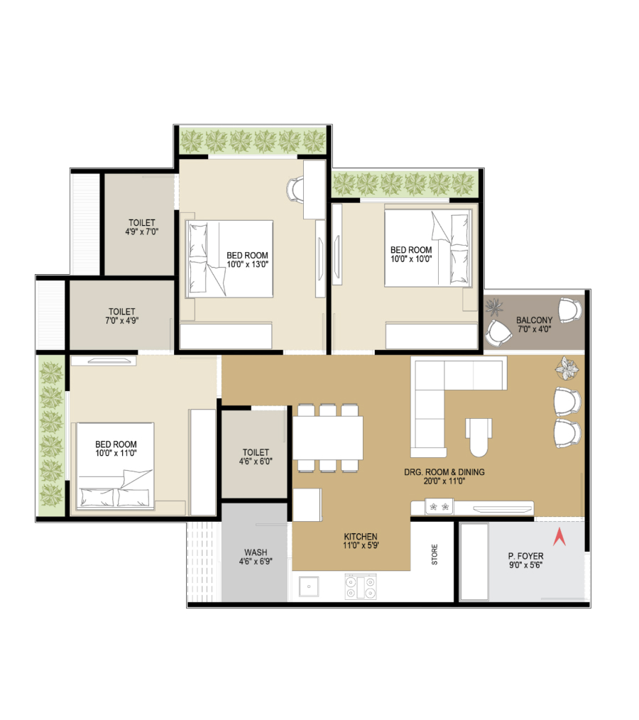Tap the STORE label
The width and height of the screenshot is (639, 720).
click(x=435, y=555)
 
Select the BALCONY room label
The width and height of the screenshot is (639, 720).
click(x=534, y=320)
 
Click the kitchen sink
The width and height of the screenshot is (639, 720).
click(x=308, y=587)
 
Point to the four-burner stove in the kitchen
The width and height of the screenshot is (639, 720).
click(x=361, y=587)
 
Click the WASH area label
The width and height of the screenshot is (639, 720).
click(x=256, y=552)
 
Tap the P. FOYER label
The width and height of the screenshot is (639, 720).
click(x=525, y=556)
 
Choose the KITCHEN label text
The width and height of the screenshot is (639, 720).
click(x=361, y=536)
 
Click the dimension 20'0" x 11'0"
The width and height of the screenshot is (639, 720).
click(x=444, y=481)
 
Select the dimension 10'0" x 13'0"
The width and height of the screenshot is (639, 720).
click(x=247, y=264)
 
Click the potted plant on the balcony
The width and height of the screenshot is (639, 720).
click(x=494, y=307)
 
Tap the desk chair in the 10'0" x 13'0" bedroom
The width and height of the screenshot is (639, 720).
click(x=295, y=189)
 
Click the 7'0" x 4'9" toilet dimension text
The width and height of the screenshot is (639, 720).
click(x=121, y=320)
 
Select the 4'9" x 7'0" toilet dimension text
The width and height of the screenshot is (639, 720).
click(x=142, y=232)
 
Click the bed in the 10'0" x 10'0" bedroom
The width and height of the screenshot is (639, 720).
click(x=428, y=248)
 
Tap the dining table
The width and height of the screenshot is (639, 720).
click(x=328, y=437)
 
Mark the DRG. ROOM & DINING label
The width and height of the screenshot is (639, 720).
click(x=444, y=472)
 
